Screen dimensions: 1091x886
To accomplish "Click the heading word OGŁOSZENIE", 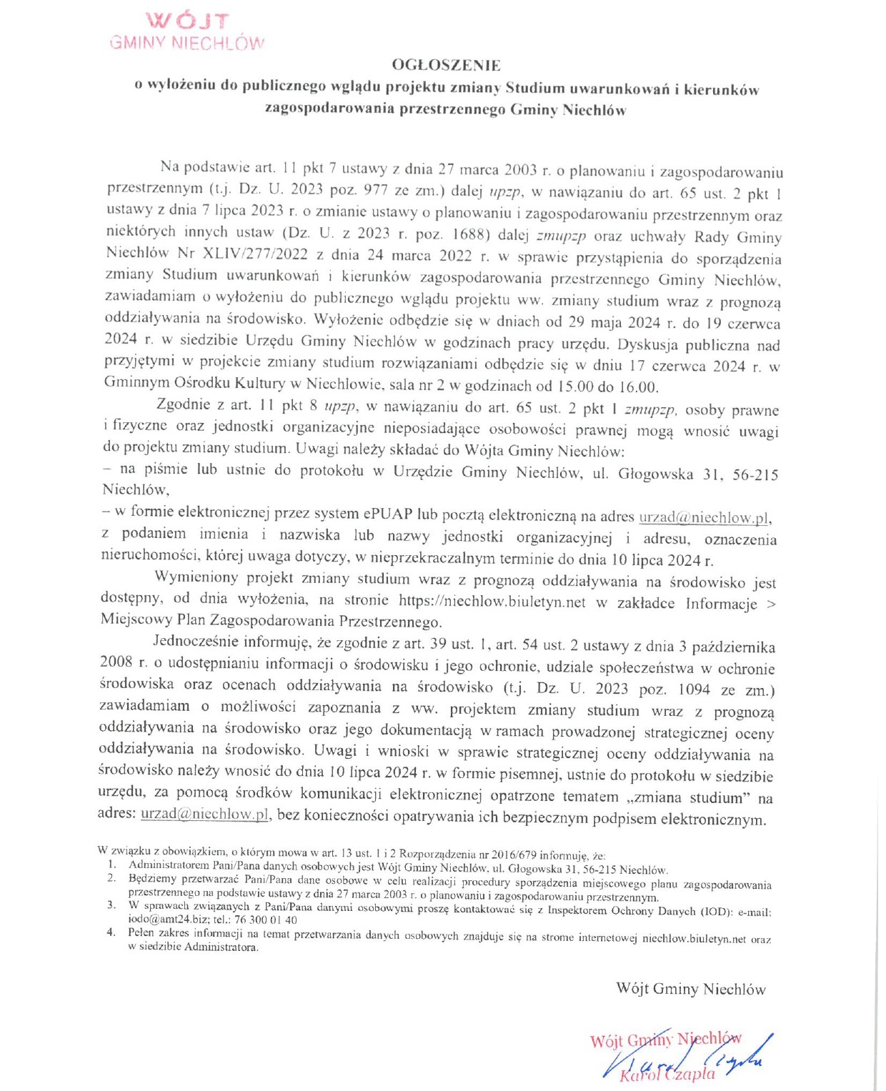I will [446, 65].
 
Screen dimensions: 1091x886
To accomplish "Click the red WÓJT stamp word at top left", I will [187, 22].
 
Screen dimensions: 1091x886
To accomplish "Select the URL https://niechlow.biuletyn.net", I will [492, 602].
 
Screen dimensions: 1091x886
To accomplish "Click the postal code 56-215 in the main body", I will [755, 474].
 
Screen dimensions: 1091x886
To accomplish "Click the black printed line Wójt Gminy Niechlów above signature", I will [690, 989].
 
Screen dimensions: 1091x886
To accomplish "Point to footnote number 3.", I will [111, 905].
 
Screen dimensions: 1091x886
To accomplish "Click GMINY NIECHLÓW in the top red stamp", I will [187, 43].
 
